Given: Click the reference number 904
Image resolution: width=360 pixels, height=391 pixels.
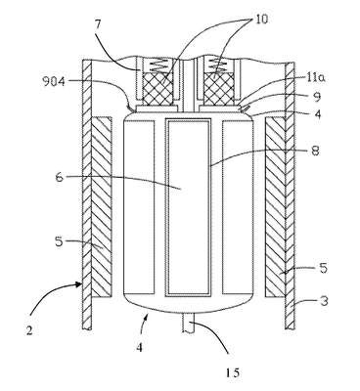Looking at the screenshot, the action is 54,81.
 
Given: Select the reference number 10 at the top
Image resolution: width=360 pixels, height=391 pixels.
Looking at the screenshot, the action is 260,20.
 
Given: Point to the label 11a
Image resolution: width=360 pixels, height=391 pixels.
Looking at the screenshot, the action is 316,77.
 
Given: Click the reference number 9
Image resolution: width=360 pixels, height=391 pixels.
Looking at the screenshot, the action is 317,97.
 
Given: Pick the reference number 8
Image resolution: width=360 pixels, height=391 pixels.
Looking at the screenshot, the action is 316,151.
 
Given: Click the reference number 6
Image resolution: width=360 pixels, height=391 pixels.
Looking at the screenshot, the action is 60,178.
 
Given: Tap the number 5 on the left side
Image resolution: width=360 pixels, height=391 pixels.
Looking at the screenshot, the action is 59,242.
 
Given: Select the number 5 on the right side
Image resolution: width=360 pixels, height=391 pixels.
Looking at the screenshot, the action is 323,268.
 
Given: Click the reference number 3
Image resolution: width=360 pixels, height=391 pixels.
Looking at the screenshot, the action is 324,300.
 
